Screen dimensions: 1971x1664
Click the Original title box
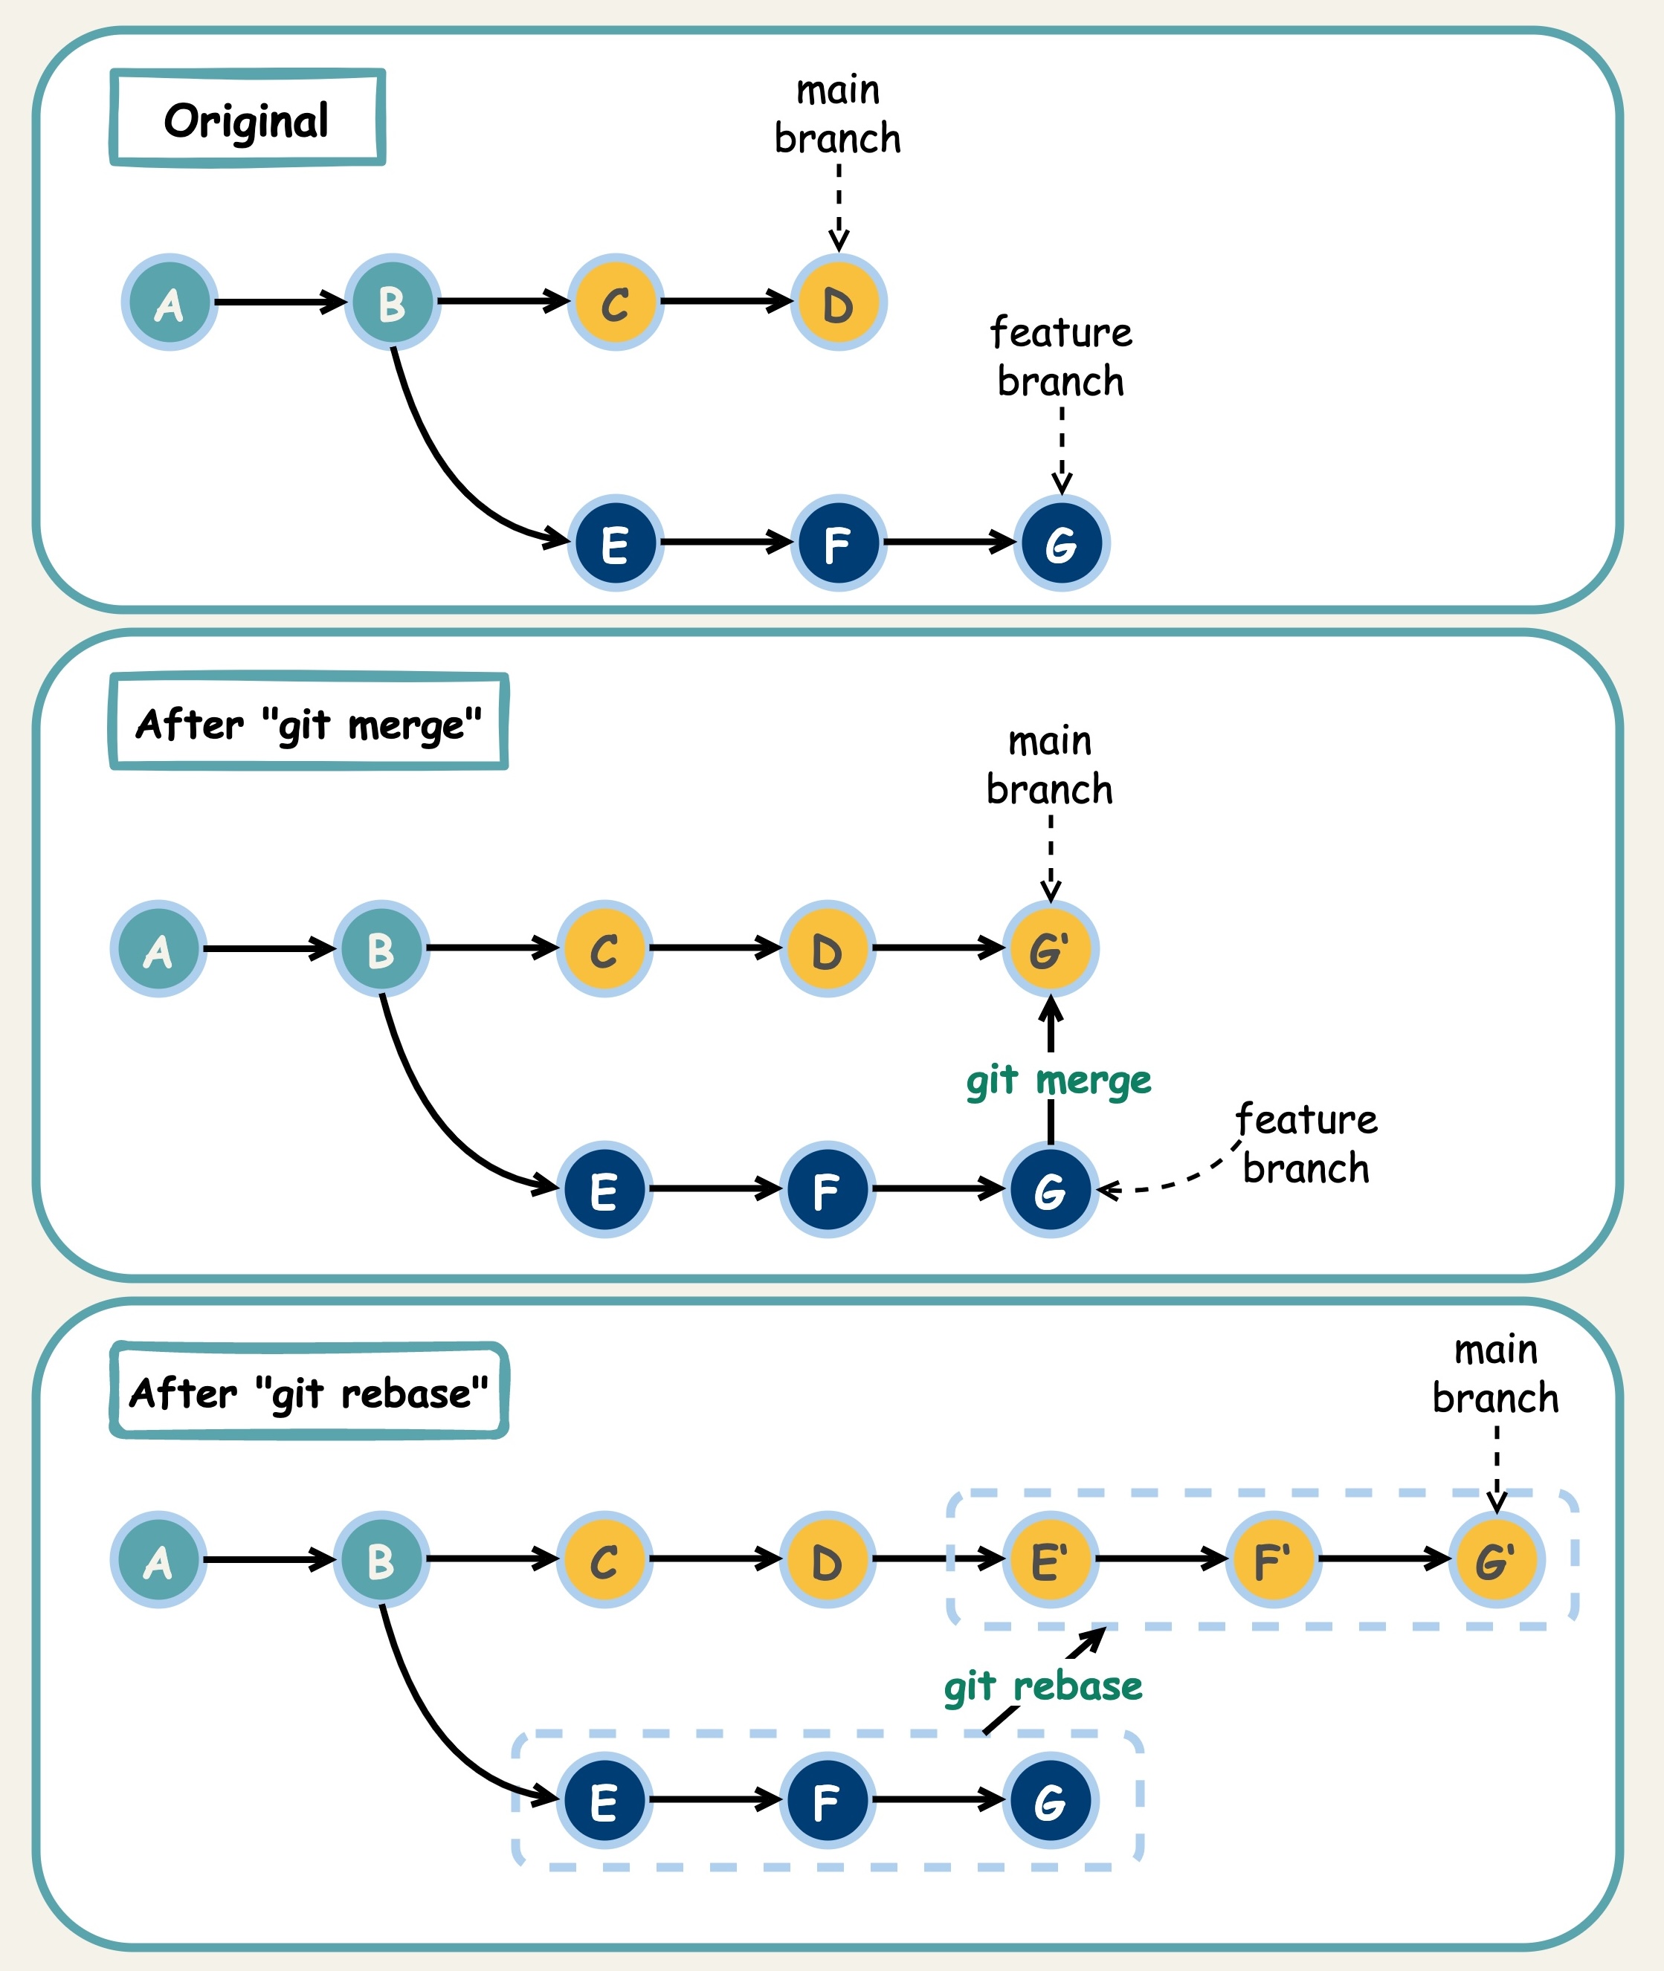click(x=247, y=119)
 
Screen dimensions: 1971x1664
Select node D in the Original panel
click(x=838, y=302)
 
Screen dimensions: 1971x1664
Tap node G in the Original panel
click(x=1061, y=543)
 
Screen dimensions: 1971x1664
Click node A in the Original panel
click(x=170, y=302)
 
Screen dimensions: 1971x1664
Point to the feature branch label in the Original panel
click(x=1060, y=357)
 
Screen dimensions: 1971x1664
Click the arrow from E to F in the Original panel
click(x=724, y=543)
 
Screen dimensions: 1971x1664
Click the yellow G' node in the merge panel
click(x=1050, y=949)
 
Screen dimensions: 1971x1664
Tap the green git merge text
click(x=1057, y=1081)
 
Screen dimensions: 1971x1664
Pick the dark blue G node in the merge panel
click(x=1050, y=1189)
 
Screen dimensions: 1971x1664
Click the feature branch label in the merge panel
click(x=1306, y=1144)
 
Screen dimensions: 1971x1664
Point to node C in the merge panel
click(x=604, y=949)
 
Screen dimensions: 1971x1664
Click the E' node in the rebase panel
click(x=1050, y=1560)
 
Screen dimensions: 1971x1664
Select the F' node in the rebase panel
click(x=1272, y=1560)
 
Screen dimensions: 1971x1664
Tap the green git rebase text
click(x=1042, y=1686)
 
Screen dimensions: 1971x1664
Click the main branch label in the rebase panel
click(x=1495, y=1375)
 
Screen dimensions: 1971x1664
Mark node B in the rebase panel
click(x=381, y=1560)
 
